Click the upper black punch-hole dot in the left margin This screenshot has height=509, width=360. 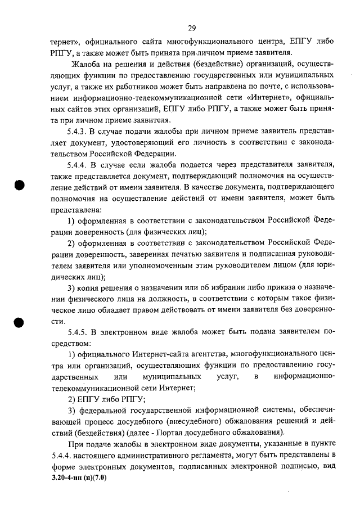coord(20,186)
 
